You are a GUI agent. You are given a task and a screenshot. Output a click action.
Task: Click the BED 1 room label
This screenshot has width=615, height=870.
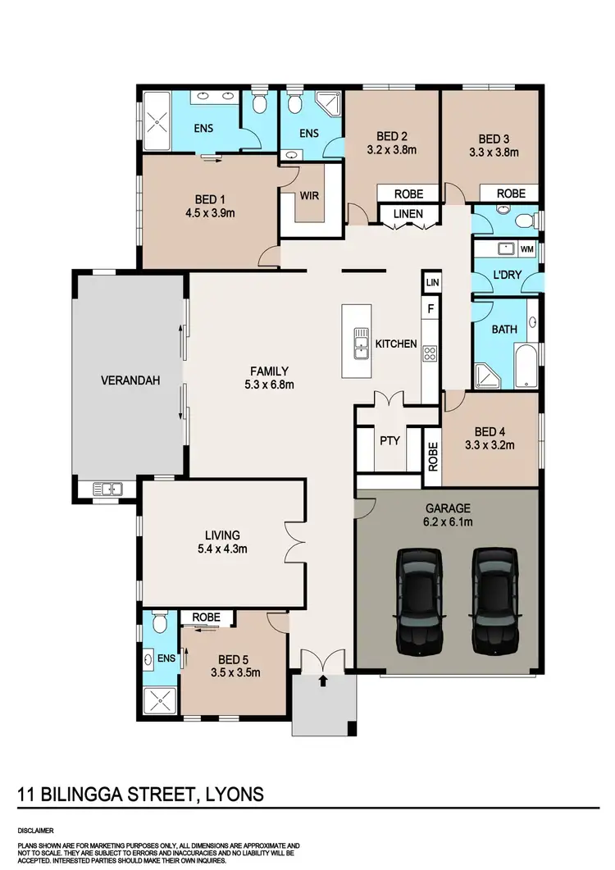point(211,199)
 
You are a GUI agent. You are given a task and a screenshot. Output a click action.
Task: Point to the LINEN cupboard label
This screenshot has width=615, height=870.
point(408,214)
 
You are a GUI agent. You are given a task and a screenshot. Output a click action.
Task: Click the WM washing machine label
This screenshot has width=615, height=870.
point(526,248)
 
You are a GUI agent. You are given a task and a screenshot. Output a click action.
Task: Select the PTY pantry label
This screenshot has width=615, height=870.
point(389,440)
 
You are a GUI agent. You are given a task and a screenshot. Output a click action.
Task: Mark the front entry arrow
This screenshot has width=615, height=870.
point(323,680)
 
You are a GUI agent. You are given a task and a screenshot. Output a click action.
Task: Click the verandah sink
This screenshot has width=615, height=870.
point(107,490)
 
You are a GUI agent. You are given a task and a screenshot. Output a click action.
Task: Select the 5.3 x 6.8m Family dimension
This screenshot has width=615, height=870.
point(270,384)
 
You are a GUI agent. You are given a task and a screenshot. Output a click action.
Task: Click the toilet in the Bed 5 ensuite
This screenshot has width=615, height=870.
point(161,626)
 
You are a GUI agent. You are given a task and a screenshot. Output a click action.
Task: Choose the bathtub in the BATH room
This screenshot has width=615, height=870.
point(526,367)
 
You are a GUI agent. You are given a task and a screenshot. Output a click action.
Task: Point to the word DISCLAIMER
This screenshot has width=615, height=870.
point(36,827)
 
